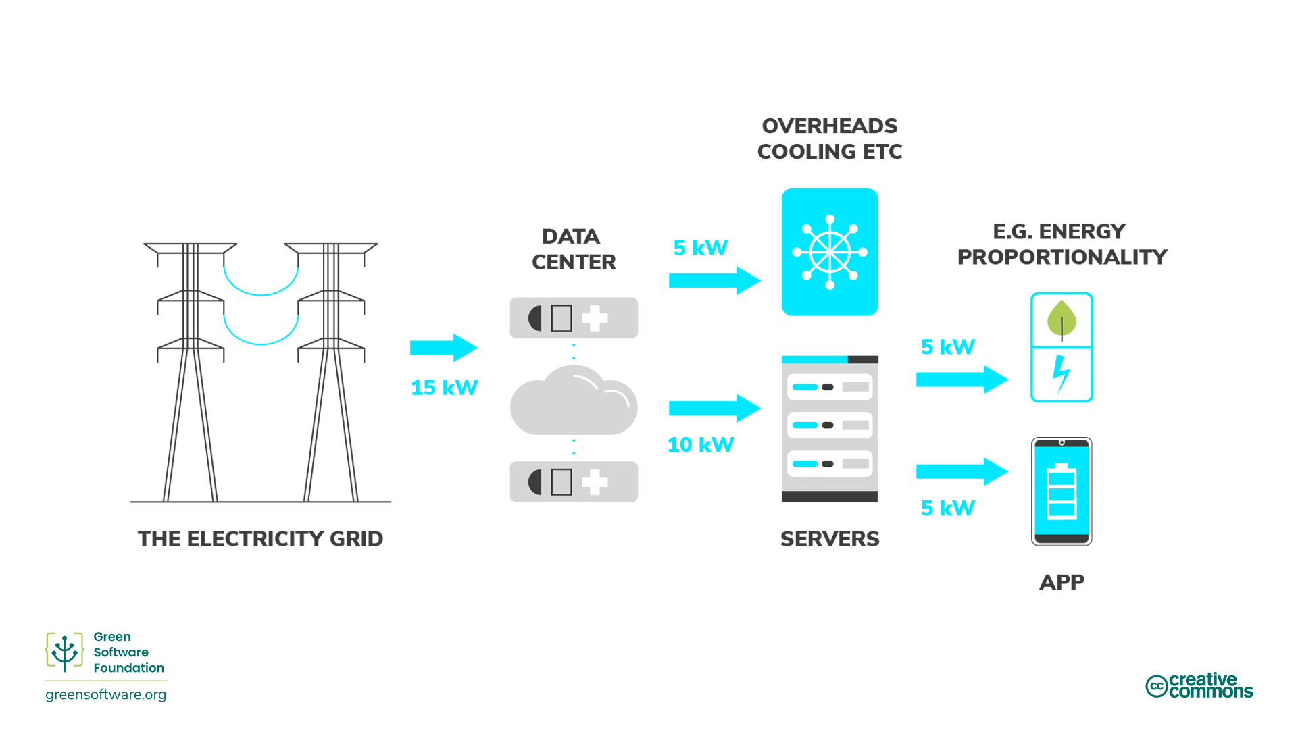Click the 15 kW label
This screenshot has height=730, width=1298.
[x=444, y=388]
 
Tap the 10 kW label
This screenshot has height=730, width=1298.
[x=700, y=445]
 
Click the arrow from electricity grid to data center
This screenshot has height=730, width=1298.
[x=443, y=348]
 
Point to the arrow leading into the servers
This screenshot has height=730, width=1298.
[x=714, y=409]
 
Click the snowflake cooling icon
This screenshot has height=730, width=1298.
[x=829, y=252]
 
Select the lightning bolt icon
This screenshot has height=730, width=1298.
[x=1061, y=373]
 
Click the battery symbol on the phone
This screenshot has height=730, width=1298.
[x=1061, y=492]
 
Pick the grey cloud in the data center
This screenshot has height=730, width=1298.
[x=573, y=402]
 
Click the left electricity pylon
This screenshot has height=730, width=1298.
[x=191, y=371]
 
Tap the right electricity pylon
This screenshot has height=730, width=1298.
[x=330, y=371]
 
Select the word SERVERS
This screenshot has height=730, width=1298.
[x=829, y=539]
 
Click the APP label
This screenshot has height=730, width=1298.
[x=1061, y=582]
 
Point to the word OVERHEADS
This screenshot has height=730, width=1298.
[x=829, y=126]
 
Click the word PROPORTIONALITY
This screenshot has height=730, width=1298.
[x=1062, y=257]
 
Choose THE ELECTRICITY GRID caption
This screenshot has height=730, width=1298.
[x=260, y=539]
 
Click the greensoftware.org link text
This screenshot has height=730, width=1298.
[x=106, y=694]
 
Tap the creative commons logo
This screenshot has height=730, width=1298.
[x=1199, y=685]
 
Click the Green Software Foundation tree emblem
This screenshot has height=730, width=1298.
[x=64, y=652]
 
